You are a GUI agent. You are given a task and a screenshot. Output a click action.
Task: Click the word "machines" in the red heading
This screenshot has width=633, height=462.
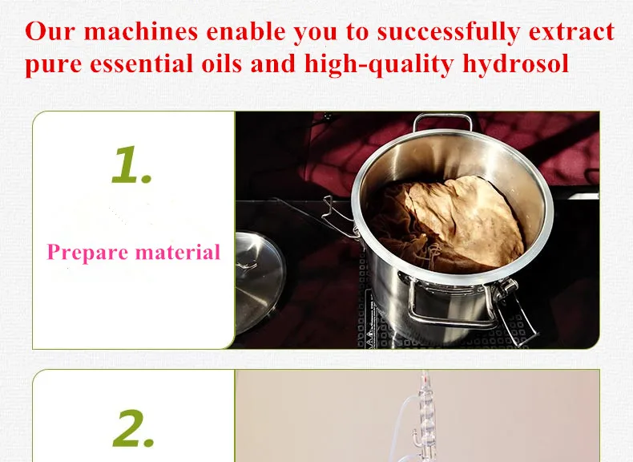tap(141, 31)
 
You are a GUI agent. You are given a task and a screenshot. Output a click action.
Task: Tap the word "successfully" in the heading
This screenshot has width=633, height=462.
tap(449, 32)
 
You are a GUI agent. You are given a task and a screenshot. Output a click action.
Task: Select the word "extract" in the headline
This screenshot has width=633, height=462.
tap(571, 32)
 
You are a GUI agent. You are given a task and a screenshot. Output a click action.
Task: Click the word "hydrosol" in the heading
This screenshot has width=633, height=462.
tap(515, 64)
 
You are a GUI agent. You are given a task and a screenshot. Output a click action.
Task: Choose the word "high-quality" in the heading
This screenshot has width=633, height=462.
tap(379, 64)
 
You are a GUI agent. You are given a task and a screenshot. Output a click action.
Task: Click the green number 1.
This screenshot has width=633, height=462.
tap(131, 165)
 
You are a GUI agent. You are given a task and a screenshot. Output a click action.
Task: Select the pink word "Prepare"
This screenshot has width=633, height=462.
tap(87, 253)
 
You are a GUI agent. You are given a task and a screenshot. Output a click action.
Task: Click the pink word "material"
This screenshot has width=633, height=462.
tap(178, 252)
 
